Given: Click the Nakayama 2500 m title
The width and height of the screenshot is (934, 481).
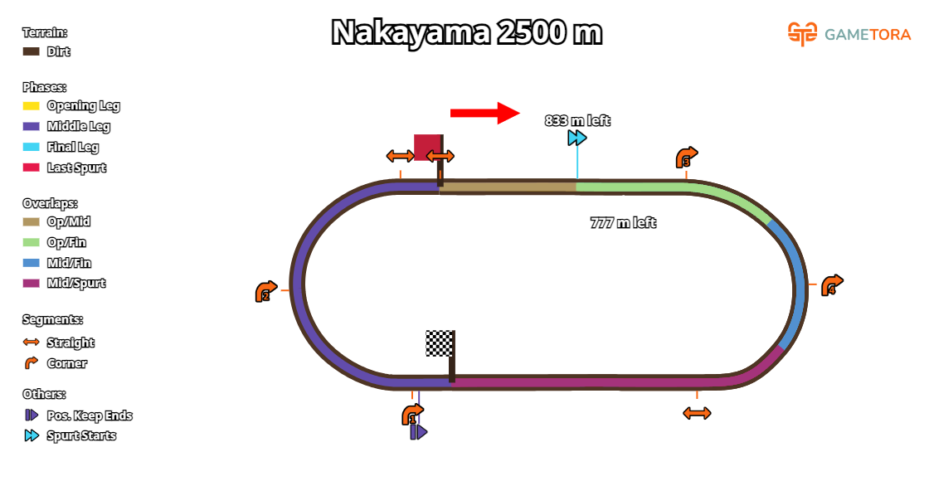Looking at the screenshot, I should (x=466, y=33).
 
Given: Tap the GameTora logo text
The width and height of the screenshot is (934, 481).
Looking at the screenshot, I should (x=867, y=34).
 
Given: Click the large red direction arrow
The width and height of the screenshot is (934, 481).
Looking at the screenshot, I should (x=484, y=113).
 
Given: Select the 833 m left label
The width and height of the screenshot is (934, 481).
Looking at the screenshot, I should (x=576, y=120).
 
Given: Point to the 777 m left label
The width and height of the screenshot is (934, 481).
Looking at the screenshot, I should (x=623, y=222).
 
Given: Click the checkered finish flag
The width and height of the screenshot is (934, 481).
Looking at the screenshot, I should (x=439, y=343).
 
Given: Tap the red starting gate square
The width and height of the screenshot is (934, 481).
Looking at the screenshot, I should (x=427, y=147).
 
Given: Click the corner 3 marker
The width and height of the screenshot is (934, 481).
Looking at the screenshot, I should (x=686, y=158).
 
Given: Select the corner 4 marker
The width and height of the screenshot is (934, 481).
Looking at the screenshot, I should (x=831, y=286).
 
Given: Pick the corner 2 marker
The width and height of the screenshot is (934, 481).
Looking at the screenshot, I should (x=265, y=292).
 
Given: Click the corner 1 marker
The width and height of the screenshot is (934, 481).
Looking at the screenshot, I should (x=412, y=415).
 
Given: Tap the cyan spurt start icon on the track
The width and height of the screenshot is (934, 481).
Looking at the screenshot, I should (x=577, y=138).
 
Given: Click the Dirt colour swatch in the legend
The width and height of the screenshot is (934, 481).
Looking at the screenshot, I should (x=32, y=51).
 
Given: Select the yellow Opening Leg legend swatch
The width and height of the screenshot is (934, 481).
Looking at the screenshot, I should (x=32, y=105).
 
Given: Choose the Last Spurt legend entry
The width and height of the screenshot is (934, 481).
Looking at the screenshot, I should (x=76, y=168).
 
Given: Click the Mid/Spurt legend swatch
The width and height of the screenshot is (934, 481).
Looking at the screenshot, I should (x=32, y=283).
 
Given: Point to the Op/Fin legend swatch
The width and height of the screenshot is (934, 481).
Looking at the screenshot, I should (x=32, y=242).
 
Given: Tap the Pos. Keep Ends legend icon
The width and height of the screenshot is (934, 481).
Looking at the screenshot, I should (x=32, y=415).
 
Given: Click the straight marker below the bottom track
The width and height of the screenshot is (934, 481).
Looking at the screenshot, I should (x=697, y=413).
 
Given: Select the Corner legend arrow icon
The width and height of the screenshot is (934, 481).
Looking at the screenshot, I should (x=32, y=363).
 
